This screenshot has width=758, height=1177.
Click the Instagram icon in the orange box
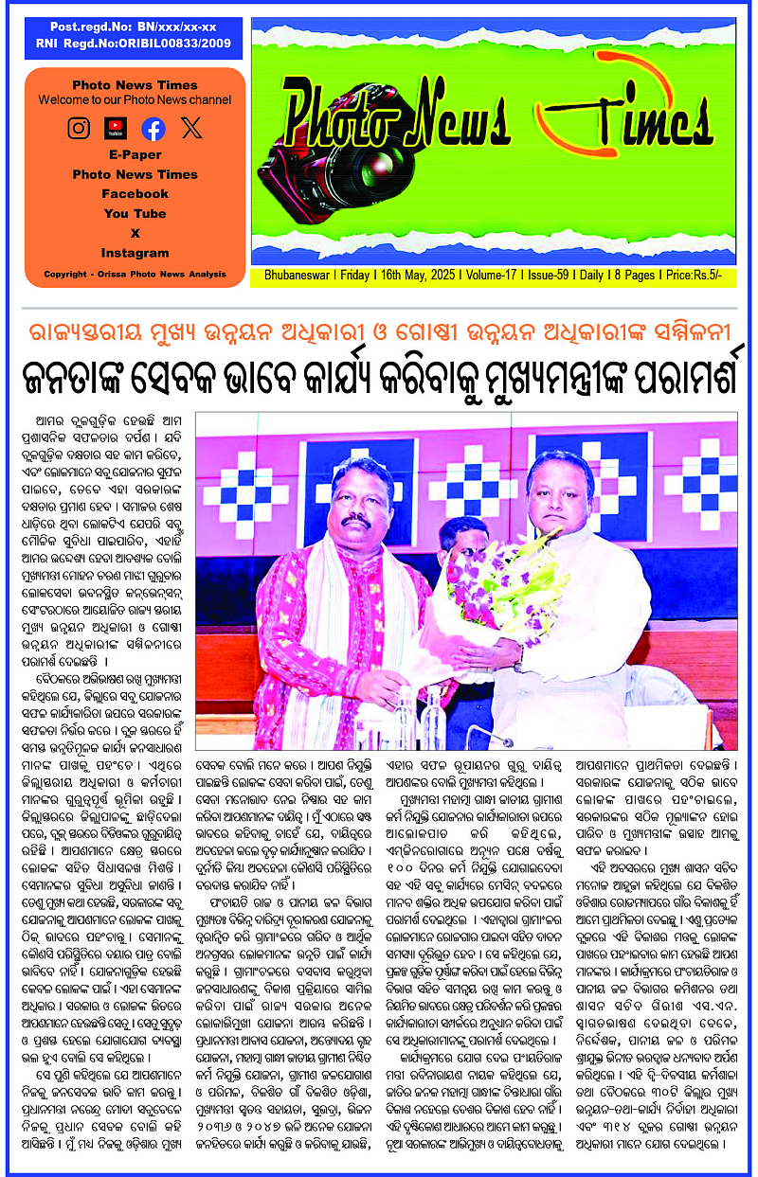(80, 128)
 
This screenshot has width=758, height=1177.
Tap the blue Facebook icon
(153, 129)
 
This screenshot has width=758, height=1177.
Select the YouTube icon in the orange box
(117, 128)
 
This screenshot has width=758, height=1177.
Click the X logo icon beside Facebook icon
(191, 128)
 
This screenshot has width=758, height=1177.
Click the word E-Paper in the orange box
(135, 154)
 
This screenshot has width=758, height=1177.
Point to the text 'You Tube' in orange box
(135, 214)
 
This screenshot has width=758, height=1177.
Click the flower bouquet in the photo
(474, 602)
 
